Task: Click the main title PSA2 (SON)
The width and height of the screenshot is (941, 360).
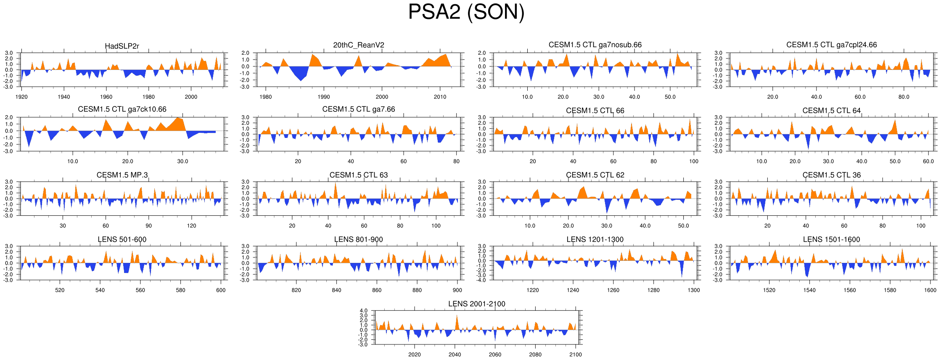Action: [x=466, y=12]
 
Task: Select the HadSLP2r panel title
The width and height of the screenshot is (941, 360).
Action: [x=122, y=46]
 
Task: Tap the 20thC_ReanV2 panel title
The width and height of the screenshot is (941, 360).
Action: [x=358, y=45]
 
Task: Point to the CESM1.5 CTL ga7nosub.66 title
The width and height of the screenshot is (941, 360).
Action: [x=595, y=45]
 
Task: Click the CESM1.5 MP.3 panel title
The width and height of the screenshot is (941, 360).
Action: [x=122, y=175]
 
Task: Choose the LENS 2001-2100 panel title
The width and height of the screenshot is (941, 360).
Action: [x=476, y=304]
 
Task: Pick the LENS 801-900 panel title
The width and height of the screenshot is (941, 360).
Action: [x=358, y=239]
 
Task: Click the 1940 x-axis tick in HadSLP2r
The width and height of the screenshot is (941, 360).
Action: [x=64, y=97]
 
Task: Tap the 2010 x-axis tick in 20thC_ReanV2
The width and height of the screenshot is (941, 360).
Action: [x=440, y=97]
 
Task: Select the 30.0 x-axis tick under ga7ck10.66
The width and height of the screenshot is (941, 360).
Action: [x=182, y=161]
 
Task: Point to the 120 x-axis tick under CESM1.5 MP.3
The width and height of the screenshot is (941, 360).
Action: [x=191, y=225]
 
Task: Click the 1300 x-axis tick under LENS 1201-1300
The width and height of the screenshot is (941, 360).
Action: [x=694, y=290]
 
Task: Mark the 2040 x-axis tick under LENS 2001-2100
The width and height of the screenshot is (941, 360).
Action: [x=455, y=355]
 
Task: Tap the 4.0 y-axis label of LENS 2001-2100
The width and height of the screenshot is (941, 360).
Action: [x=364, y=311]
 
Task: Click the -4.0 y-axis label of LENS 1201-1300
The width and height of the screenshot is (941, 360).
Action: [x=482, y=280]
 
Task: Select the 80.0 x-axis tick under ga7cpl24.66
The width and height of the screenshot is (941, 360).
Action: [x=904, y=97]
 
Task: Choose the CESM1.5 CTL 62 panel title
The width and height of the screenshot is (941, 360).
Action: [x=595, y=175]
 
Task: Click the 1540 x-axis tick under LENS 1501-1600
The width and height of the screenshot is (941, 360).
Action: [x=809, y=290]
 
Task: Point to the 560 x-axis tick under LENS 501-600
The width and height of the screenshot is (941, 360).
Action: [x=140, y=290]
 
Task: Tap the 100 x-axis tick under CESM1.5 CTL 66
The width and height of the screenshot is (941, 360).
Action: [x=694, y=161]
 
